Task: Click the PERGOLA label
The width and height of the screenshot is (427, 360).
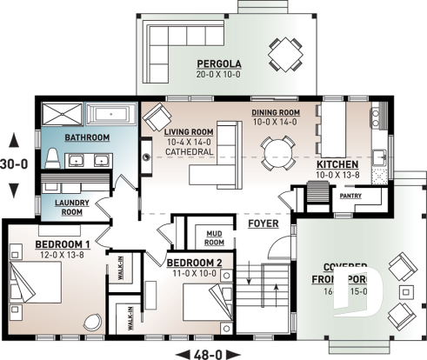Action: pos(218,63)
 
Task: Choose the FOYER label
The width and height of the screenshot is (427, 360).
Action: pos(263,223)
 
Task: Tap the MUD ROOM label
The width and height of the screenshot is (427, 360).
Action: pos(214,237)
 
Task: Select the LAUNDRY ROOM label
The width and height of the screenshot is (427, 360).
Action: pos(72,207)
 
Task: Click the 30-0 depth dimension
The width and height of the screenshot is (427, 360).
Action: pos(15,163)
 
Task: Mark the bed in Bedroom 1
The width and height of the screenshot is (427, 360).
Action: pos(37,290)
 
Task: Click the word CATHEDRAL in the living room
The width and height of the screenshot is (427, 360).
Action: pos(190,152)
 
